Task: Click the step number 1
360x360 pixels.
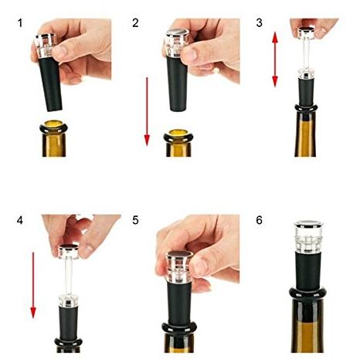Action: click(20, 24)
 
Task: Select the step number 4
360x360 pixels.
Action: click(20, 221)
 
